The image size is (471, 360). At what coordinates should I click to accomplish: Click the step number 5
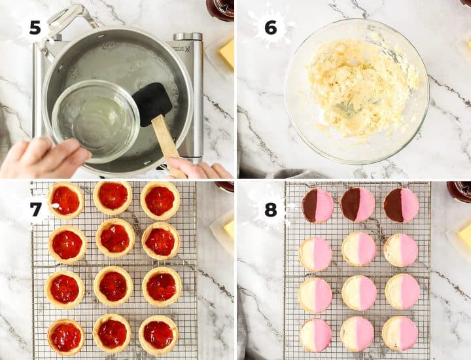(x=35, y=27)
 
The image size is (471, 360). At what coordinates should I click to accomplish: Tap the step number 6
(x=271, y=27)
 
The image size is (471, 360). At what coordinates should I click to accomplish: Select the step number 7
(x=36, y=209)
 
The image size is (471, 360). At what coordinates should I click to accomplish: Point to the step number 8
(x=271, y=209)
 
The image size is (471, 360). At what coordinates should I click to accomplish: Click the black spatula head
(x=152, y=103)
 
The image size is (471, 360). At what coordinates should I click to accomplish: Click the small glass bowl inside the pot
(x=96, y=121)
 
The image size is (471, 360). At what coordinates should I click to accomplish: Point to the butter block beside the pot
(x=227, y=54)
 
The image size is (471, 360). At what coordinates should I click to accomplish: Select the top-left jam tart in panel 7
(x=66, y=200)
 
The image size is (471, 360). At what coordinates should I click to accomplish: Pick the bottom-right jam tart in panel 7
(x=158, y=334)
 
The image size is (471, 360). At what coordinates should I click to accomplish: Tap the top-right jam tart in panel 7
(x=160, y=200)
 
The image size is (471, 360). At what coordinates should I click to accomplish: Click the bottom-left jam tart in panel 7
(x=66, y=337)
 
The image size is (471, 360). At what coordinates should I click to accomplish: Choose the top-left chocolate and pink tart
(x=318, y=206)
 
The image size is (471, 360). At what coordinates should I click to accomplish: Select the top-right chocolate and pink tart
(x=401, y=206)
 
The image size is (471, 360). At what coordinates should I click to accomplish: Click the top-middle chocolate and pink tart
(x=357, y=204)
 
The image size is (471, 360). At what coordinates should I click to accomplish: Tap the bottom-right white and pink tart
(x=400, y=334)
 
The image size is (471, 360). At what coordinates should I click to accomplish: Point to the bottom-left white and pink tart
(x=315, y=334)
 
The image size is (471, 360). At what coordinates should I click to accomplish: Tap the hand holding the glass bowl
(x=42, y=158)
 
